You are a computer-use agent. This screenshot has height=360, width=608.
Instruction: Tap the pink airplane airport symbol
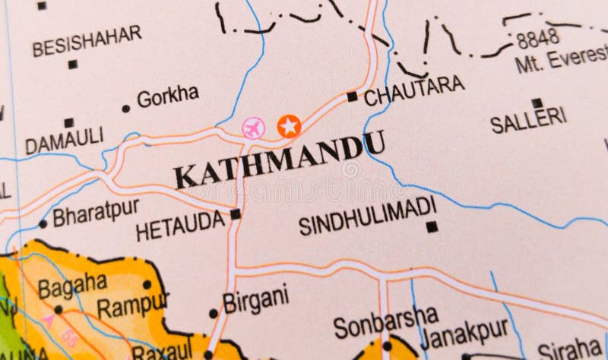pyautogui.click(x=253, y=128)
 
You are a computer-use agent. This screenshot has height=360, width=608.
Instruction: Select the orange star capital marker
pyautogui.click(x=289, y=126)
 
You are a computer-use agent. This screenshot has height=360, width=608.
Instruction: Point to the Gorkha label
pyautogui.click(x=167, y=96)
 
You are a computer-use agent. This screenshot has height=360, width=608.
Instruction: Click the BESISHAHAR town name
pyautogui.click(x=87, y=41)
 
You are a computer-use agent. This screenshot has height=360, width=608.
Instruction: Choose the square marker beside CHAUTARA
pyautogui.click(x=352, y=96)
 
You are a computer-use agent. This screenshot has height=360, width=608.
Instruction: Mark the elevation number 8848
pyautogui.click(x=537, y=37)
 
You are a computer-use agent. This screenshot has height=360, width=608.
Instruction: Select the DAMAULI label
pyautogui.click(x=64, y=141)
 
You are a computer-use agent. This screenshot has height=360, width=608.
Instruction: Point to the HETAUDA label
pyautogui.click(x=180, y=226)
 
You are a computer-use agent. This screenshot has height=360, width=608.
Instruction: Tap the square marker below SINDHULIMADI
pyautogui.click(x=432, y=226)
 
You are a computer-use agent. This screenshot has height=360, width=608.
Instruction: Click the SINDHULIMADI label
pyautogui.click(x=367, y=216)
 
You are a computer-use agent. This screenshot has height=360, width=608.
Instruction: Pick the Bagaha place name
pyautogui.click(x=72, y=286)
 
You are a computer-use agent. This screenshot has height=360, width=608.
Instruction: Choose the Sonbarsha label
pyautogui.click(x=385, y=321)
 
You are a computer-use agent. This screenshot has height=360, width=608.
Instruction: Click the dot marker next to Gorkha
pyautogui.click(x=125, y=109)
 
